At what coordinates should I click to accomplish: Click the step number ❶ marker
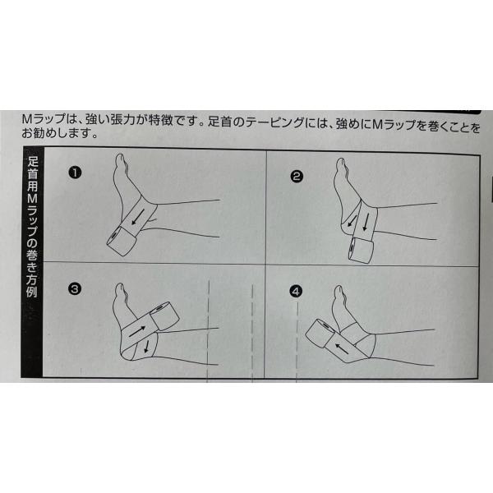coord(75,173)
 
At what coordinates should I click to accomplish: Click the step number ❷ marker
coord(297,177)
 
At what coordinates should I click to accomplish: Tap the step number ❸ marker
coord(75,289)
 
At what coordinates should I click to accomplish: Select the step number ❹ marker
coord(296,292)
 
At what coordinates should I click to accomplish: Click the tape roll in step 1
coord(122,240)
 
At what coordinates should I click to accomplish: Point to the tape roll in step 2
coord(361,251)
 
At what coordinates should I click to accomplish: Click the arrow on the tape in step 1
coord(138,217)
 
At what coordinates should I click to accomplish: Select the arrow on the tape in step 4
coord(342,348)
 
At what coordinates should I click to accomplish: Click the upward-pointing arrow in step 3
coord(137,331)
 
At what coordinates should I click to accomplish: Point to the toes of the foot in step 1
coord(121,159)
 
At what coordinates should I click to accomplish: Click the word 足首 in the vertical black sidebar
coord(32,168)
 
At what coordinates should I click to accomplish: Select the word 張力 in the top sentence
coord(123,120)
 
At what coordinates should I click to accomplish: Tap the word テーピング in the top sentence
coord(274,122)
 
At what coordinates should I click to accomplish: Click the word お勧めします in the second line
coord(56,133)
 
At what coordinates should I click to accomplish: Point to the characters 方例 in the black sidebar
coord(32,285)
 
